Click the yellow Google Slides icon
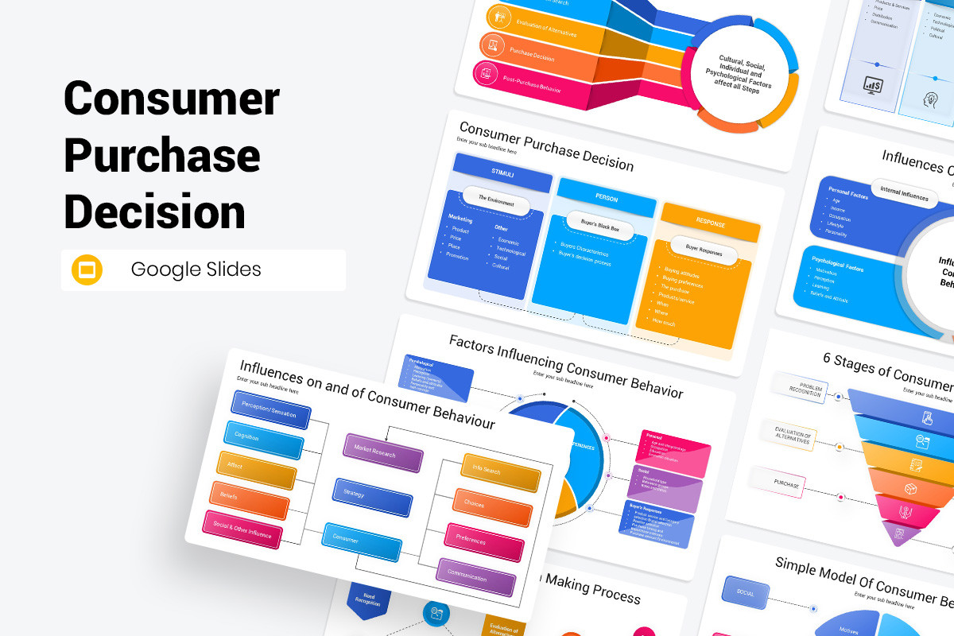[87, 270]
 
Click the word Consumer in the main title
[172, 99]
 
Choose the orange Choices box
[492, 507]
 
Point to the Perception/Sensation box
[270, 409]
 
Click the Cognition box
[263, 440]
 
